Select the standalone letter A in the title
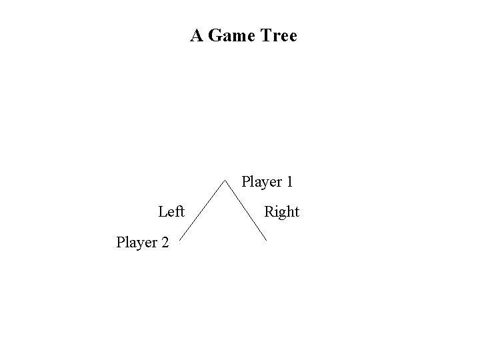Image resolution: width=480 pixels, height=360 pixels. coord(197,35)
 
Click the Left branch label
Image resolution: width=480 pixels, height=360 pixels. coord(171,212)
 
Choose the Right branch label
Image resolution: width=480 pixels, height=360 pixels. coord(281,213)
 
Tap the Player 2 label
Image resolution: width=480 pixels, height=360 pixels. coord(143,242)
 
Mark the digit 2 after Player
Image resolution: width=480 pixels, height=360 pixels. coord(165,241)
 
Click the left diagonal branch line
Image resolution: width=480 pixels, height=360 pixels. coord(201,212)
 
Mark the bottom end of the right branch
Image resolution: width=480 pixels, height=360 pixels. coord(266,240)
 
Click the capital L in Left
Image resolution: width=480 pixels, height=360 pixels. coord(163,212)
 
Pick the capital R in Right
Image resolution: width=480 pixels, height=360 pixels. coord(269,212)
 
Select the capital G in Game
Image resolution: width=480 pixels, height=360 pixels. coord(215,35)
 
